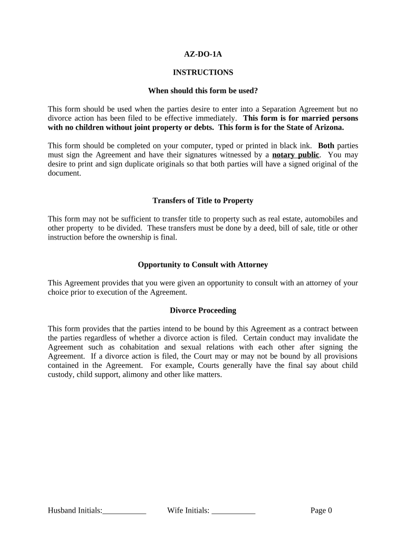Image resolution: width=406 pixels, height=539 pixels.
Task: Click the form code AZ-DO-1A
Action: coord(203,54)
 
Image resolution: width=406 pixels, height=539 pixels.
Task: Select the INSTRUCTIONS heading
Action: coord(203,72)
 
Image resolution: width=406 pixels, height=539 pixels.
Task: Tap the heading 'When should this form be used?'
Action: coord(203,91)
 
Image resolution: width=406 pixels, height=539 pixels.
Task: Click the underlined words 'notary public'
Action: coord(296,155)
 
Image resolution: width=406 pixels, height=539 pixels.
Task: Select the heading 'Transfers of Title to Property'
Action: coord(203,201)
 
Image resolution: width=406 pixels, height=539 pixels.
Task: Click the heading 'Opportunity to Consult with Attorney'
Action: coord(203,265)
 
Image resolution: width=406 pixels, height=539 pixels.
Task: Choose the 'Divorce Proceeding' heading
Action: coord(203,311)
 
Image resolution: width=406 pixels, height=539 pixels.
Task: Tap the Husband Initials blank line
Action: coord(124,511)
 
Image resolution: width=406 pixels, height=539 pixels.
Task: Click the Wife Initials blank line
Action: coord(234,511)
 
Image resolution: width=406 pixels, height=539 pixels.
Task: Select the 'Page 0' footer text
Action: coord(321,510)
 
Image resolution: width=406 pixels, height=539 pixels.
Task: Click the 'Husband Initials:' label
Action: coord(75,510)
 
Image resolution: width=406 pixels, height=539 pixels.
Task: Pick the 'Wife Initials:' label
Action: coord(188,510)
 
